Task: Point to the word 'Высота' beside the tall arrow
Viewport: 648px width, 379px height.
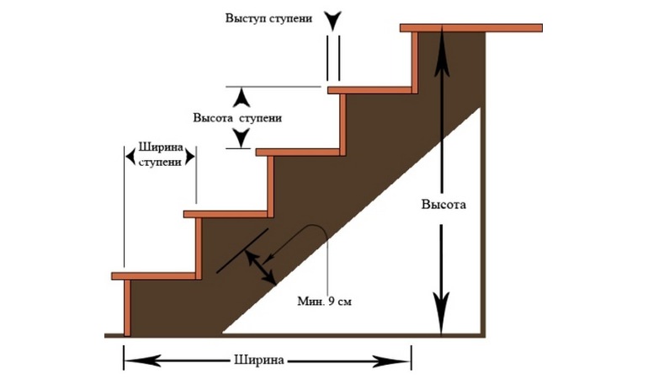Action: [x=442, y=205]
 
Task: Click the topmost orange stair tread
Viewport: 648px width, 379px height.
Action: [x=470, y=29]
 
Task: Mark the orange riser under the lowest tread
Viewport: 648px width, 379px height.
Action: [x=128, y=307]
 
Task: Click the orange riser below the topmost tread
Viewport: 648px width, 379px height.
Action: [x=415, y=59]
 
